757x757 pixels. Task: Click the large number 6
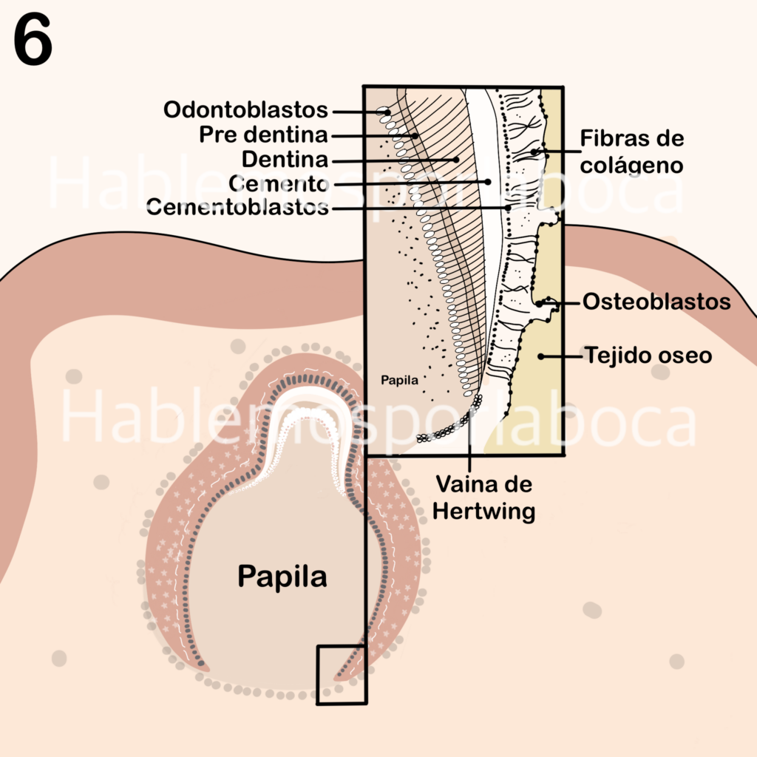[33, 39]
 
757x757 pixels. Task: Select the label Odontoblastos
[245, 110]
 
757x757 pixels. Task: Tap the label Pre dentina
[264, 135]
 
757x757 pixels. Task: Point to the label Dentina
[285, 160]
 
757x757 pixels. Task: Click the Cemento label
[279, 183]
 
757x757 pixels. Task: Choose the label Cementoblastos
[237, 208]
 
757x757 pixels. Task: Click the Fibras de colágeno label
[631, 152]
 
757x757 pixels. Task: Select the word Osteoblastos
[656, 302]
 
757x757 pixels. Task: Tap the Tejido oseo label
[648, 356]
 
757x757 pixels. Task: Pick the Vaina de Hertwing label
[483, 498]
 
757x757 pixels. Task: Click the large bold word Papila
[282, 577]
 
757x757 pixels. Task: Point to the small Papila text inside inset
[399, 381]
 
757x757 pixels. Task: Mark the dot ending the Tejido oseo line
[541, 357]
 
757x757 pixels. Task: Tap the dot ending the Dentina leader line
[456, 160]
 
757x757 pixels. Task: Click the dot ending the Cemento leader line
[488, 182]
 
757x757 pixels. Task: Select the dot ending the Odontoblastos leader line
[387, 112]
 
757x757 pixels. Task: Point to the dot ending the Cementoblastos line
[509, 208]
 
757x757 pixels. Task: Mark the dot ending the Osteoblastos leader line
[540, 304]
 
